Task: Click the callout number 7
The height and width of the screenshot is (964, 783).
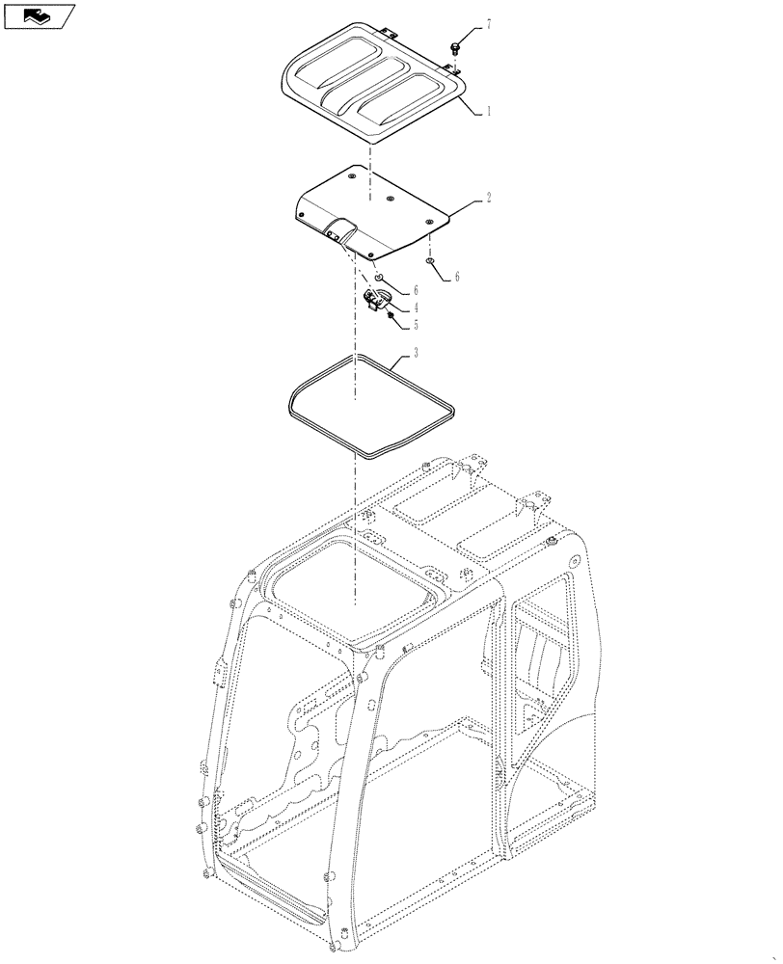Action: pos(488,23)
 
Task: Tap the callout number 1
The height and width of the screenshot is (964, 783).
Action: pos(488,111)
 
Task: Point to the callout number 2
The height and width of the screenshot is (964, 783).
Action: pos(488,198)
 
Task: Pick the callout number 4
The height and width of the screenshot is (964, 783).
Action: pos(415,308)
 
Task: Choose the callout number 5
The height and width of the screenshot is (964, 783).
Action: pos(415,325)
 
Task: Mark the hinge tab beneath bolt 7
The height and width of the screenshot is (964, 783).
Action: pos(452,69)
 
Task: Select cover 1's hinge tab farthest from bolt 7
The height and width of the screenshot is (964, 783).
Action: pos(388,33)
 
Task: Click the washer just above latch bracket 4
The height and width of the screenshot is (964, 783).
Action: pos(380,277)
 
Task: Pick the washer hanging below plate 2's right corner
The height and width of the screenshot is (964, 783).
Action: pos(431,261)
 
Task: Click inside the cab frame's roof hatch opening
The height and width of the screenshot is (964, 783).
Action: pos(357,588)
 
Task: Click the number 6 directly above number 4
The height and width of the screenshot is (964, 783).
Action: pos(415,289)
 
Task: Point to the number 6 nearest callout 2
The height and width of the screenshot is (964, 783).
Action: pos(456,277)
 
